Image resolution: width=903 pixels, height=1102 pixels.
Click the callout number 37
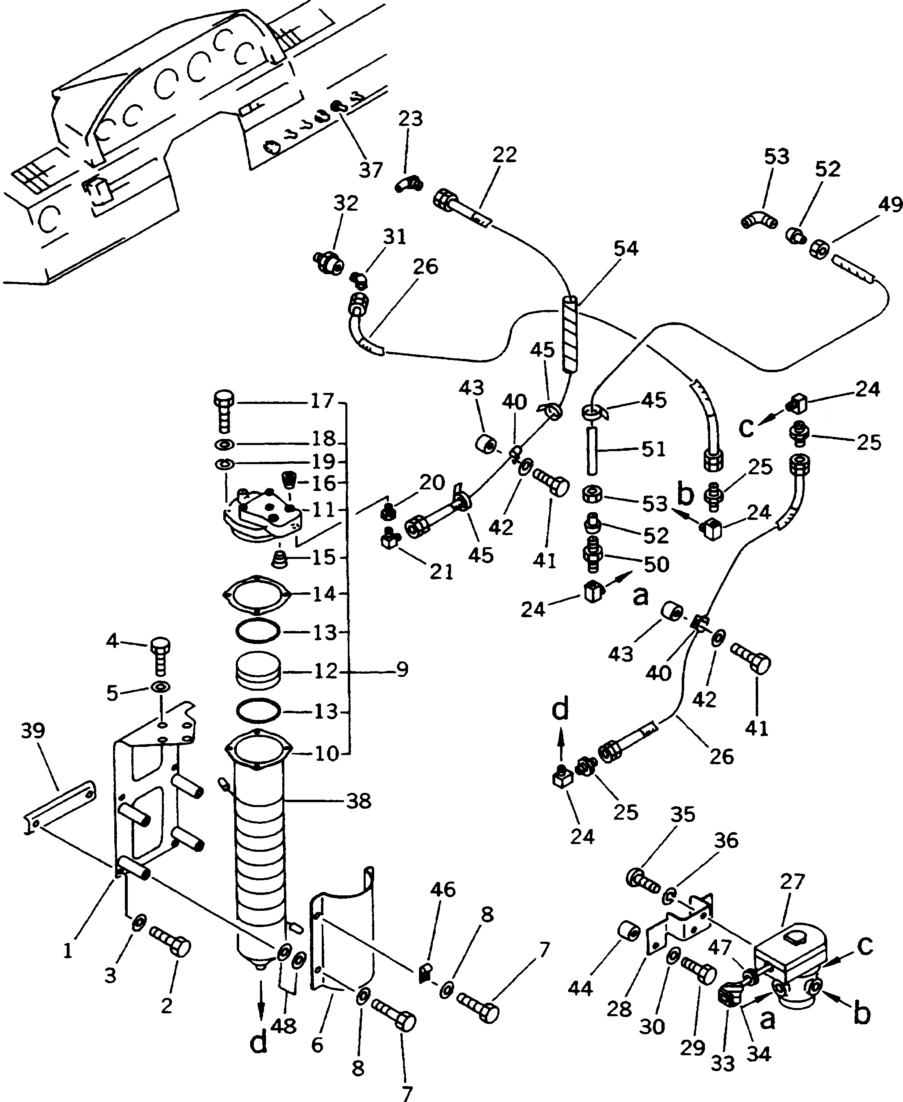pyautogui.click(x=371, y=170)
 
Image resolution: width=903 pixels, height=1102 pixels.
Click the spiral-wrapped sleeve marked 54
pyautogui.click(x=571, y=334)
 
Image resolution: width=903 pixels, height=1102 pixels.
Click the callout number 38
pyautogui.click(x=358, y=801)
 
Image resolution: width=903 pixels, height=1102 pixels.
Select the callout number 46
pyautogui.click(x=443, y=890)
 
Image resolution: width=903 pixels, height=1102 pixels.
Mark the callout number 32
pyautogui.click(x=346, y=203)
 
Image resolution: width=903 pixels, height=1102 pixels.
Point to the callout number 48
pyautogui.click(x=284, y=1026)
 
